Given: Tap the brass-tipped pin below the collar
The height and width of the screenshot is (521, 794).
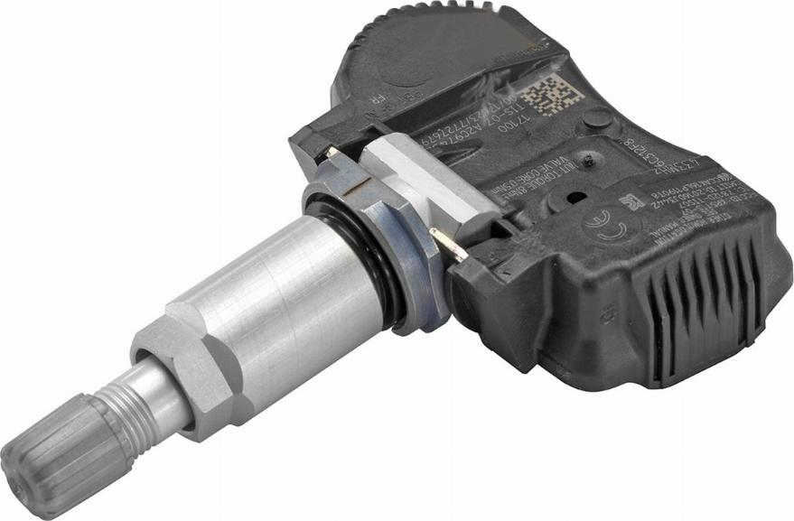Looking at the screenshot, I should click(447, 244).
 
